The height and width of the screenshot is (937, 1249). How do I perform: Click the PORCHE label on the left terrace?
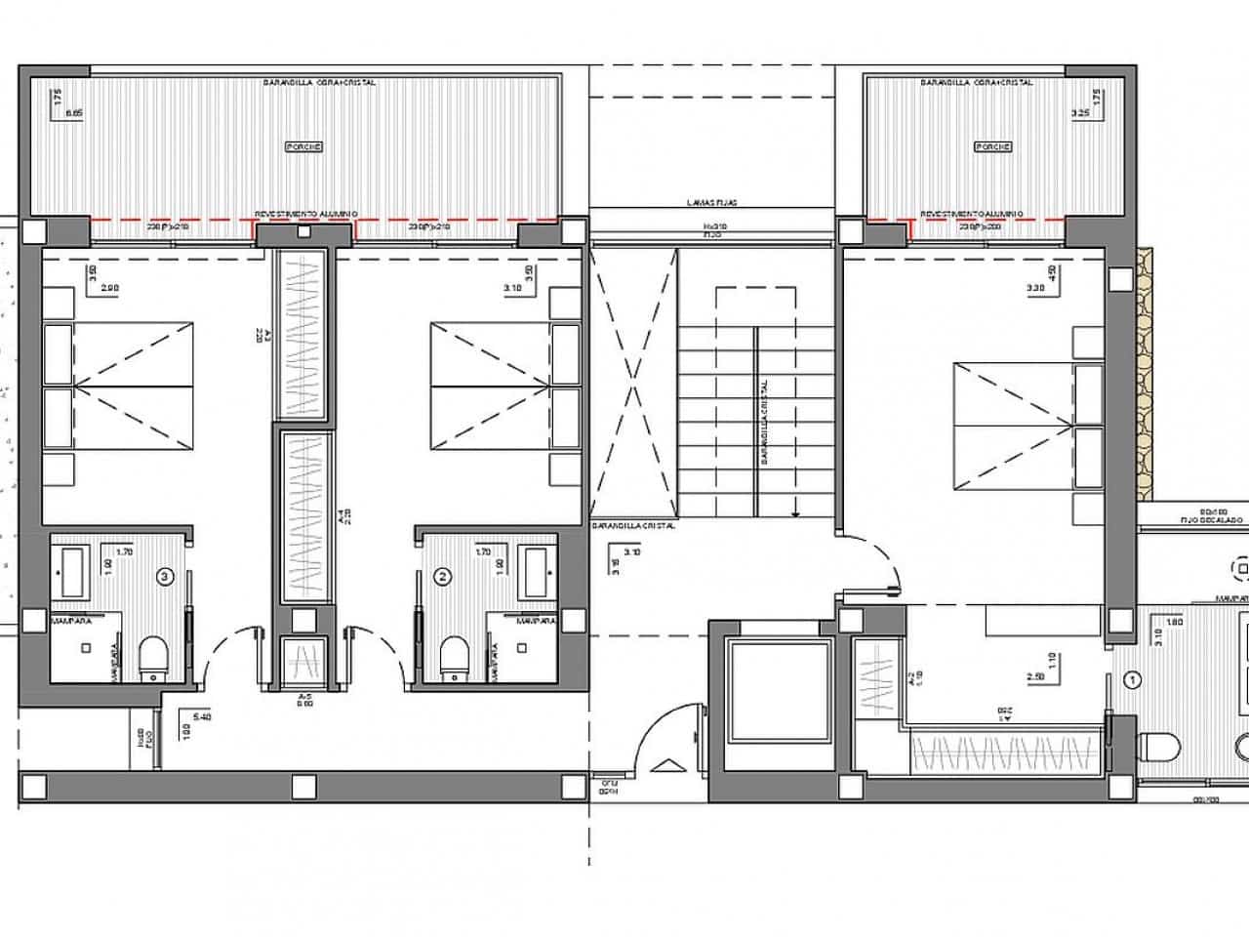point(302,146)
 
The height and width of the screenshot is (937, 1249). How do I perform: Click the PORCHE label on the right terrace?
point(993,146)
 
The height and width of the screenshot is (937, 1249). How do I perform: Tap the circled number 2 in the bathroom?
point(444,577)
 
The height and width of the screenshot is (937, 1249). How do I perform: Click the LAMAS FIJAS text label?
point(710,203)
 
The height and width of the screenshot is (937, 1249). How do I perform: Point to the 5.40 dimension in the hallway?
point(204,717)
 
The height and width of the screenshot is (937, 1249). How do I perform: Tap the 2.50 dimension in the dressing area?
point(1036,674)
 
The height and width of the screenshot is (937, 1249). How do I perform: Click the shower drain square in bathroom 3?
point(86,647)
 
